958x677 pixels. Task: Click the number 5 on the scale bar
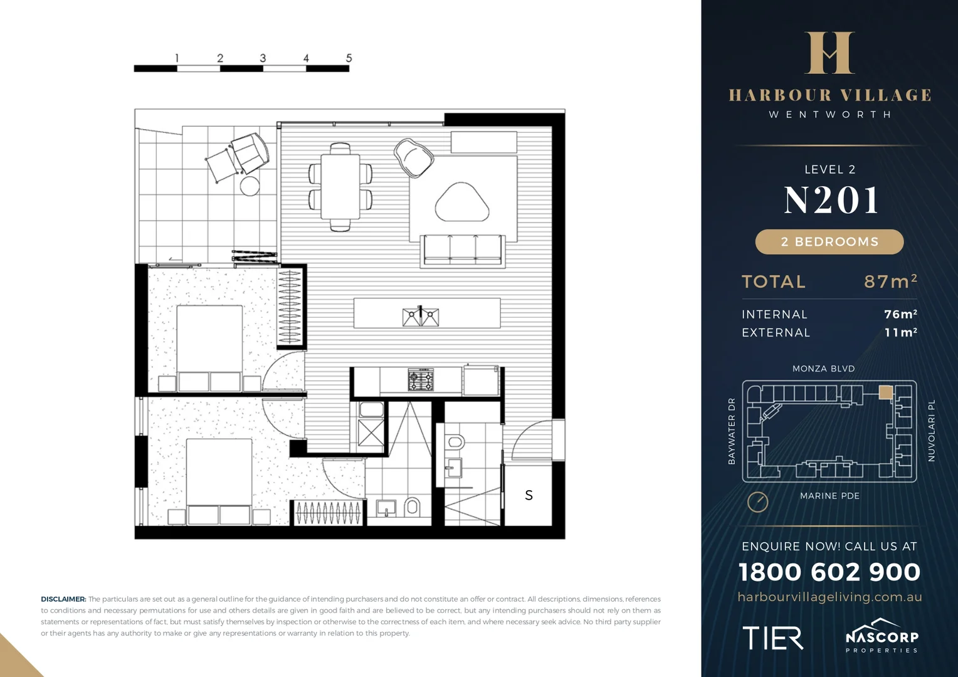[349, 58]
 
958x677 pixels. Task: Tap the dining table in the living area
[340, 186]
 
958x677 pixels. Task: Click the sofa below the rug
[463, 250]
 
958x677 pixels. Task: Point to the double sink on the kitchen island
[421, 317]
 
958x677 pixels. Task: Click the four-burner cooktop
[421, 380]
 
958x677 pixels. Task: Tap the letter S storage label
[529, 495]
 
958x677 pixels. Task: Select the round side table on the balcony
[250, 186]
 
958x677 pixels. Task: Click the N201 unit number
[831, 201]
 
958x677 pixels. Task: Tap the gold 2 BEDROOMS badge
[829, 242]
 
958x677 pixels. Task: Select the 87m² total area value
[890, 281]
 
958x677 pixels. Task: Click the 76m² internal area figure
[900, 314]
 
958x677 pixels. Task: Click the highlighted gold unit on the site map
[885, 392]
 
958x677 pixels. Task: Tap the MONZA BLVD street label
[823, 369]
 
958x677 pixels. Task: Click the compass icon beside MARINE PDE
[757, 501]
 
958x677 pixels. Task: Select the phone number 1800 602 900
[829, 572]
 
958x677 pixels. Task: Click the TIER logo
[772, 638]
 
